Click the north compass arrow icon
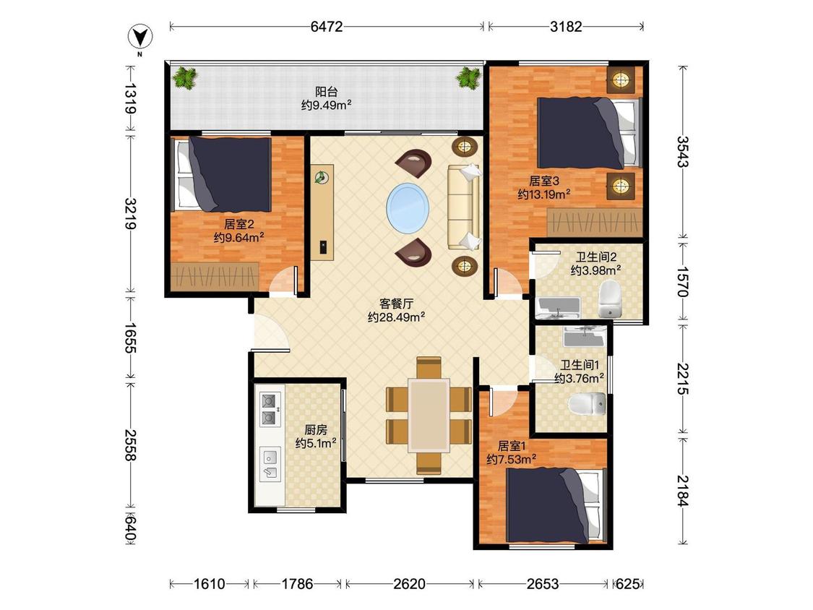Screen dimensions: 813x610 140,37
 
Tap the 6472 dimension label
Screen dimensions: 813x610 327,27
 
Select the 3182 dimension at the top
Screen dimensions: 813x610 566,27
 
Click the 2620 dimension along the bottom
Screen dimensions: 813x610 410,584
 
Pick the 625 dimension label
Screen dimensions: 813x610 627,584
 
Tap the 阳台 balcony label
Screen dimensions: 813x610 327,92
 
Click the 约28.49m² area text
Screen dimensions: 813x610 397,317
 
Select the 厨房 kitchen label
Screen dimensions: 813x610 316,429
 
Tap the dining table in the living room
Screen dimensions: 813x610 429,416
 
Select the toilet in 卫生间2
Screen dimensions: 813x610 610,299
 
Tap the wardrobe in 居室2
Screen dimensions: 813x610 215,275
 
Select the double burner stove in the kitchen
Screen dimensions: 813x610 270,409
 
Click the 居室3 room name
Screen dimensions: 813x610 544,181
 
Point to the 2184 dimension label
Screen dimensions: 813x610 683,491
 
